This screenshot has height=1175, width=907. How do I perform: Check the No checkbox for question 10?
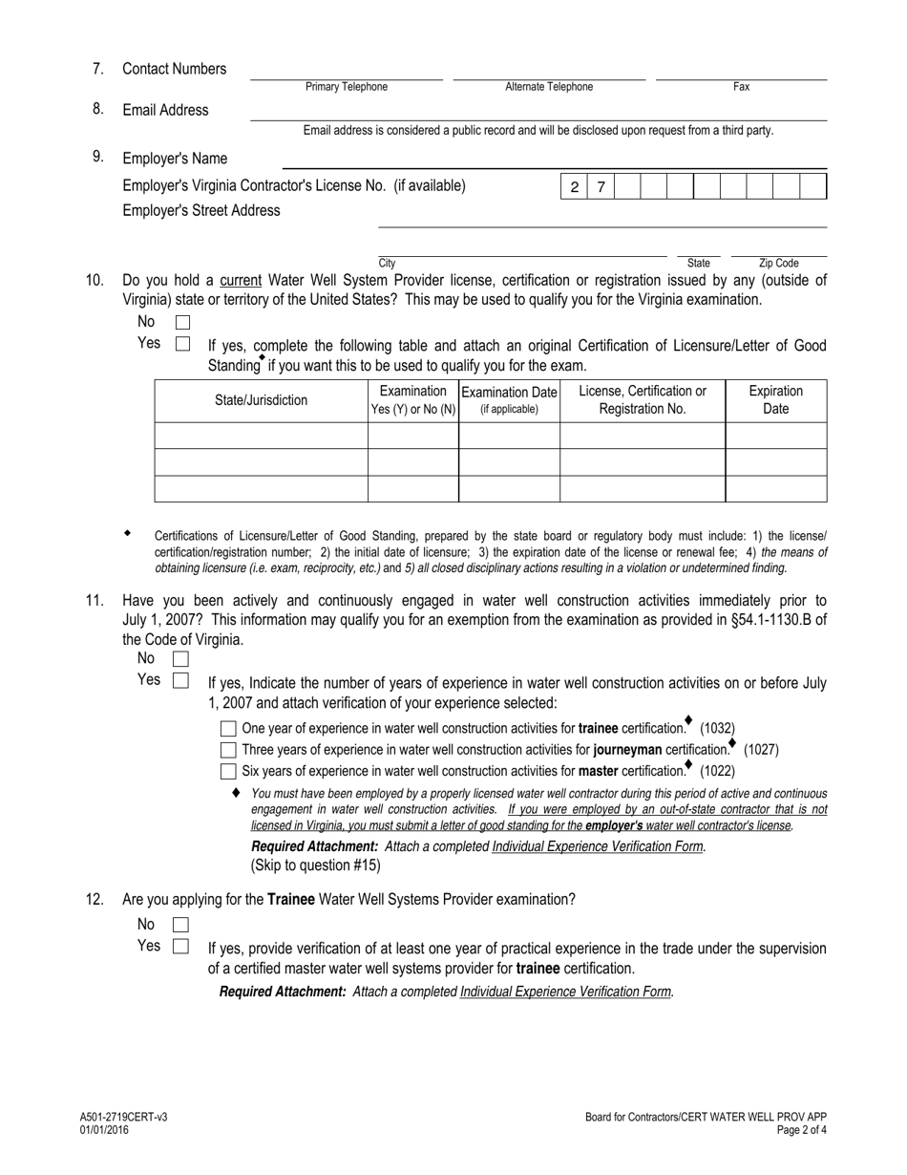pyautogui.click(x=183, y=323)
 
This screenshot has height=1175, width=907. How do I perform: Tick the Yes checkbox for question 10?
pyautogui.click(x=183, y=344)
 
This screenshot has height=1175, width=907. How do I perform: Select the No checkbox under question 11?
pyautogui.click(x=180, y=659)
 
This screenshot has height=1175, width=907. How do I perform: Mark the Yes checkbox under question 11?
pyautogui.click(x=180, y=681)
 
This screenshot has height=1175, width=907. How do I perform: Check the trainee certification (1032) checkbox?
pyautogui.click(x=228, y=729)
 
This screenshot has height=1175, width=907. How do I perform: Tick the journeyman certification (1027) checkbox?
pyautogui.click(x=228, y=750)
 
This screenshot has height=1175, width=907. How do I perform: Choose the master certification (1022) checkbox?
pyautogui.click(x=228, y=771)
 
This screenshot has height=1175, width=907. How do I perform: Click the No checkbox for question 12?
pyautogui.click(x=180, y=925)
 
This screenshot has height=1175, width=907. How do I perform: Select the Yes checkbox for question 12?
pyautogui.click(x=180, y=947)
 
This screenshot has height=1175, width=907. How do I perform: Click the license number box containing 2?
pyautogui.click(x=574, y=187)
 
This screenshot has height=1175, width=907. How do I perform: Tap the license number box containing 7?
pyautogui.click(x=601, y=187)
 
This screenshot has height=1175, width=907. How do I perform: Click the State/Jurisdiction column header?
pyautogui.click(x=261, y=400)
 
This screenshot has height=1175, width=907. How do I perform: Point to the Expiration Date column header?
pyautogui.click(x=775, y=400)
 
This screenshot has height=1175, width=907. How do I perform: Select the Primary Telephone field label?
pyautogui.click(x=347, y=87)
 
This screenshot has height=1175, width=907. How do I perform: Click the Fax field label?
pyautogui.click(x=741, y=87)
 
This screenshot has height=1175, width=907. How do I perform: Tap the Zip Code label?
pyautogui.click(x=778, y=263)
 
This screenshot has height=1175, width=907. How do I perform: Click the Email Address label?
pyautogui.click(x=165, y=110)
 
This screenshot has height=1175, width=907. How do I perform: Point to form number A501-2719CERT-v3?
pyautogui.click(x=124, y=1118)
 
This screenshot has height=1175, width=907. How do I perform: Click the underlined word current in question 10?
pyautogui.click(x=241, y=281)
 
